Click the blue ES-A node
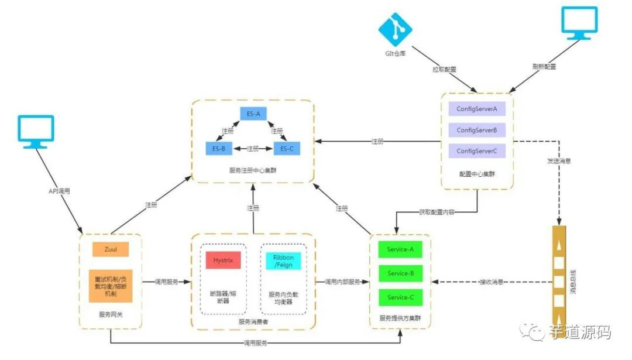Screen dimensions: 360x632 click(253, 114)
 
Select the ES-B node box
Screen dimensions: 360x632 click(219, 149)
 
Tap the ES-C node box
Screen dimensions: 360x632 click(287, 149)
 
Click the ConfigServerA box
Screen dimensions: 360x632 click(477, 109)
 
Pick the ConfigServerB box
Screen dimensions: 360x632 click(477, 130)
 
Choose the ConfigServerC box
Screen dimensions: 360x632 click(477, 151)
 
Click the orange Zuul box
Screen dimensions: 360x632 click(110, 249)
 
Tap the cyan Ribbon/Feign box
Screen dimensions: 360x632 click(283, 261)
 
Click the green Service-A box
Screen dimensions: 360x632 click(401, 249)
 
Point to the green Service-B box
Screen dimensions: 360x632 click(401, 273)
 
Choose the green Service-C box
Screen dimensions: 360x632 click(401, 297)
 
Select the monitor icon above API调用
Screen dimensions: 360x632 click(36, 131)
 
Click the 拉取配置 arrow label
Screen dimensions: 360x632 click(444, 69)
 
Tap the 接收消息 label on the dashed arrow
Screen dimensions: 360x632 click(492, 282)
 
